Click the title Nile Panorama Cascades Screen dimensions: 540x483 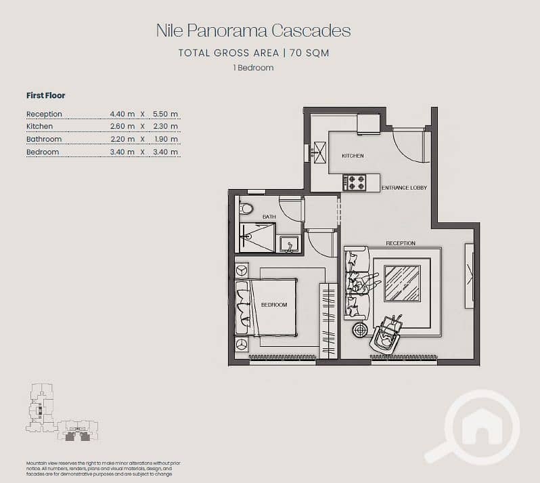[x=254, y=30]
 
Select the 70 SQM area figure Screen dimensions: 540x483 [x=309, y=53]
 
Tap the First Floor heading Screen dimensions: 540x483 [x=46, y=96]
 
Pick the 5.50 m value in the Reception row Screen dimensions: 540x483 [x=165, y=114]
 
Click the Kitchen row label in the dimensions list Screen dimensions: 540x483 [x=40, y=127]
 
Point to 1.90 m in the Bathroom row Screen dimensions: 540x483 [x=166, y=140]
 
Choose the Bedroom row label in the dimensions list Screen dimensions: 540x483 [x=43, y=152]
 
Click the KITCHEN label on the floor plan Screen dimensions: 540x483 [x=353, y=156]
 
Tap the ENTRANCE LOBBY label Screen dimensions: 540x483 [x=404, y=188]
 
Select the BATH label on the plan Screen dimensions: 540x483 [x=269, y=217]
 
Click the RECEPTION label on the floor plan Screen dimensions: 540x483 [x=401, y=243]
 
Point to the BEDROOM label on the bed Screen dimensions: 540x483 [x=274, y=305]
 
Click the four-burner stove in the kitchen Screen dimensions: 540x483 [x=355, y=183]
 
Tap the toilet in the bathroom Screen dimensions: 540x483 [x=246, y=208]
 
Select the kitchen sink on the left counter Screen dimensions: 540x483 [x=319, y=152]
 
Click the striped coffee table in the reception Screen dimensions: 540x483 [x=402, y=283]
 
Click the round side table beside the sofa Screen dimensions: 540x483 [x=360, y=330]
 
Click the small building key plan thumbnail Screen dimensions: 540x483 [x=62, y=413]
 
